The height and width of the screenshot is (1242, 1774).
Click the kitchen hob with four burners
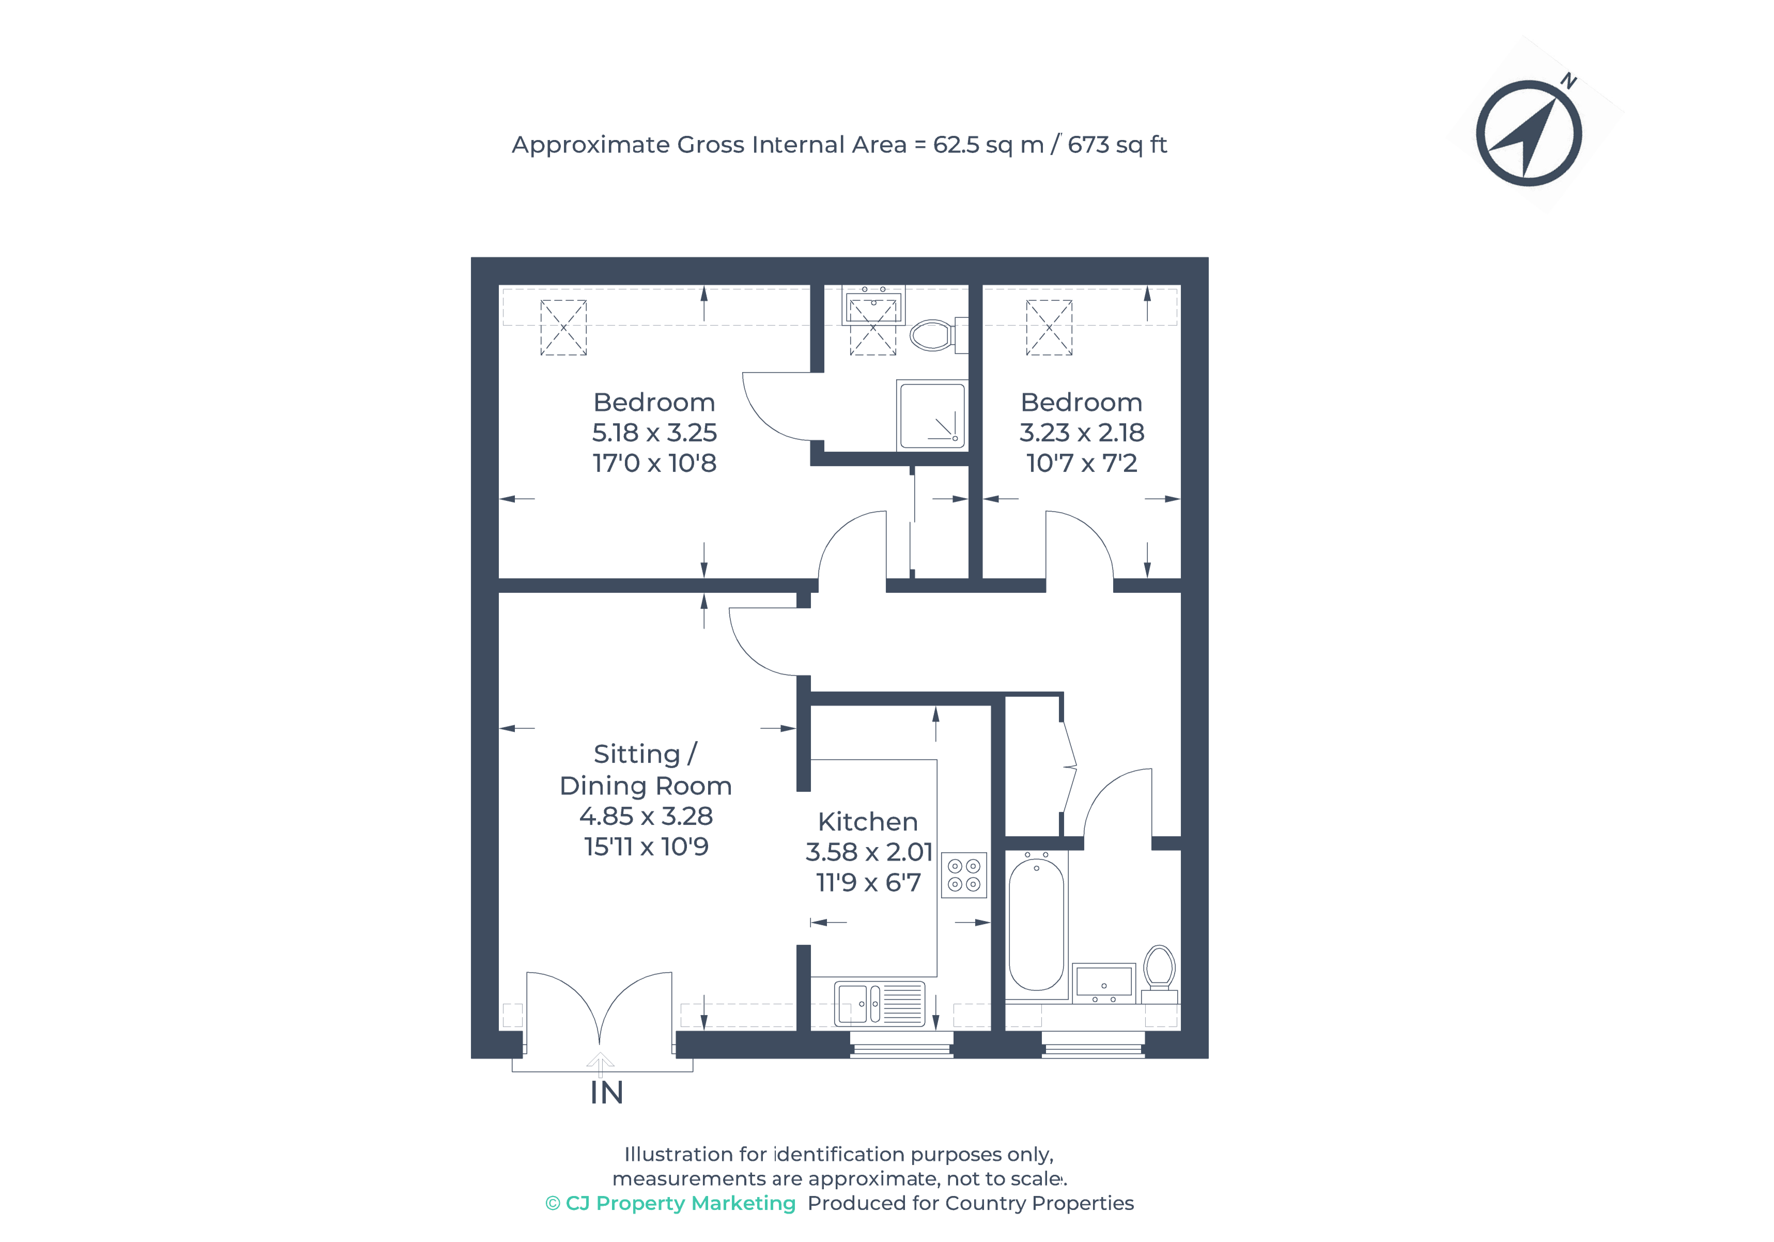964,875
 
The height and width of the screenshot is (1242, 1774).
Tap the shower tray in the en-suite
931,415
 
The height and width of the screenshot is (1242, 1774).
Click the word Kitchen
868,822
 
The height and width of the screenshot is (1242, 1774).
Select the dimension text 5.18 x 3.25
654,433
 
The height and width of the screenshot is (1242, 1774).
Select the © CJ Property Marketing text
670,1203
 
